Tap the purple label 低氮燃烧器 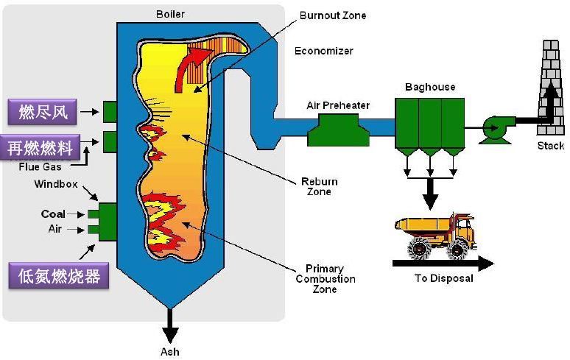tap(60, 276)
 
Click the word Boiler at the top tap(170, 14)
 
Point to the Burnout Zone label tap(332, 15)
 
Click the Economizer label tap(323, 51)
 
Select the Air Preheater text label tap(338, 105)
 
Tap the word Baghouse tap(430, 87)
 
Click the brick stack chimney tap(549, 81)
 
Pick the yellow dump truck tap(434, 234)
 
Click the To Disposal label tap(443, 278)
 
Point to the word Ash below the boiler tap(169, 351)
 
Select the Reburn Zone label tap(320, 186)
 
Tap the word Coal tap(53, 213)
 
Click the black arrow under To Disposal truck tap(442, 261)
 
